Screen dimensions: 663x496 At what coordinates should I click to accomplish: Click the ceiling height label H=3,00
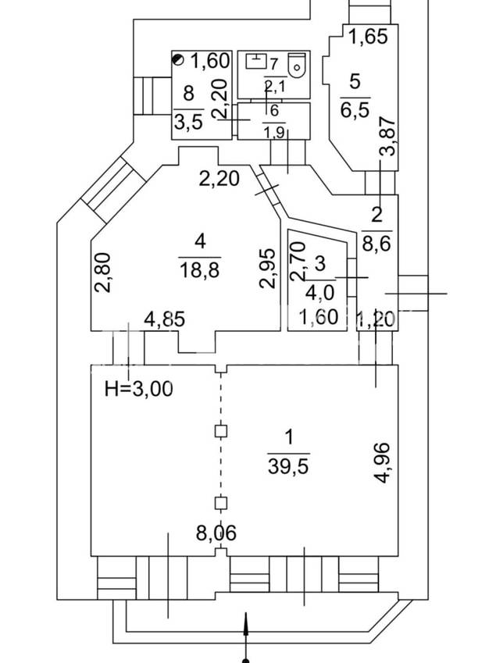(x=138, y=388)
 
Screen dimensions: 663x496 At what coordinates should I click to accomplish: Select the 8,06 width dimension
(x=216, y=533)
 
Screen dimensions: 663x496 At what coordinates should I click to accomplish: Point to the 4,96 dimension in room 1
(x=382, y=462)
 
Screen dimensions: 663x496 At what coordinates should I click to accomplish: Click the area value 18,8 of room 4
(x=199, y=270)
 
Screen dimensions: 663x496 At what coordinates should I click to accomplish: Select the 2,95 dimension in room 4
(x=269, y=268)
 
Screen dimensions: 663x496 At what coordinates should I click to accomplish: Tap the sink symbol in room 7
(x=255, y=60)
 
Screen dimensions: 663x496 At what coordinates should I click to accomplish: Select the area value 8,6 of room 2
(x=376, y=243)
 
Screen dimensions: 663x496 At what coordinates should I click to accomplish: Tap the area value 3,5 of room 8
(x=187, y=121)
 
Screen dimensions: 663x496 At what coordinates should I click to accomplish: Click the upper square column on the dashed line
(x=222, y=430)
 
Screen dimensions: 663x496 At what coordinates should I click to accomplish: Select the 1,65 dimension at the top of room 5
(x=367, y=37)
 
